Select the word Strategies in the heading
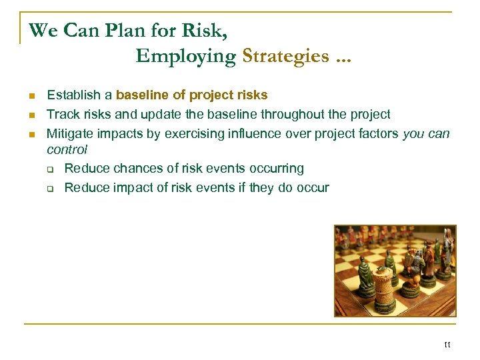tap(286, 56)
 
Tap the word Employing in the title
tap(185, 56)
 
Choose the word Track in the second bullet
tap(61, 115)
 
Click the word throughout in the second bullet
tap(291, 115)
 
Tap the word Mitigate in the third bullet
tap(71, 134)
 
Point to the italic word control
tap(67, 150)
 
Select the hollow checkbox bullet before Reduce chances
tap(51, 169)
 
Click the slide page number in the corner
tap(447, 345)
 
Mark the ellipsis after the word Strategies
tap(343, 57)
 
